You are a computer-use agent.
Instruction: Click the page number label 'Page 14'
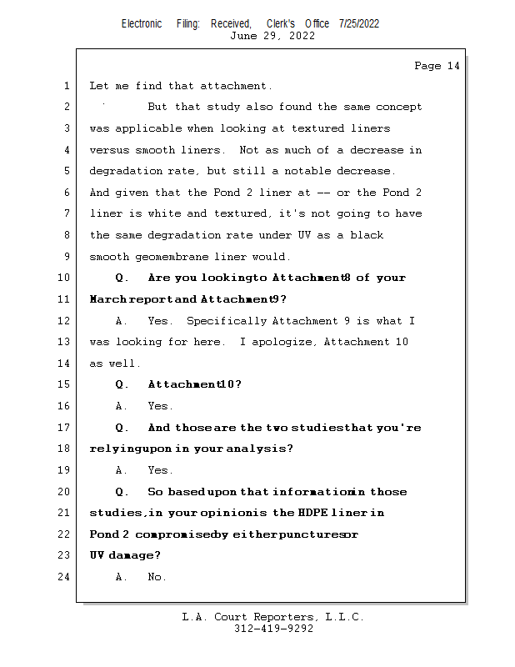point(437,66)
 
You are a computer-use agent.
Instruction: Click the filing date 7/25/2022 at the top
point(359,23)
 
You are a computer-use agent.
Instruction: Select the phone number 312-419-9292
point(273,629)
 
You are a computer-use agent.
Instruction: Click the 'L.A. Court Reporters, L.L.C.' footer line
point(272,617)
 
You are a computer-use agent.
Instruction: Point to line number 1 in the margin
point(65,86)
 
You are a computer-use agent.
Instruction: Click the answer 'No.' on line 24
point(157,576)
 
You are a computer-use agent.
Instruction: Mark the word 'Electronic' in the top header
point(142,23)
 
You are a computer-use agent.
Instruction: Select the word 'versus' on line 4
point(109,150)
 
